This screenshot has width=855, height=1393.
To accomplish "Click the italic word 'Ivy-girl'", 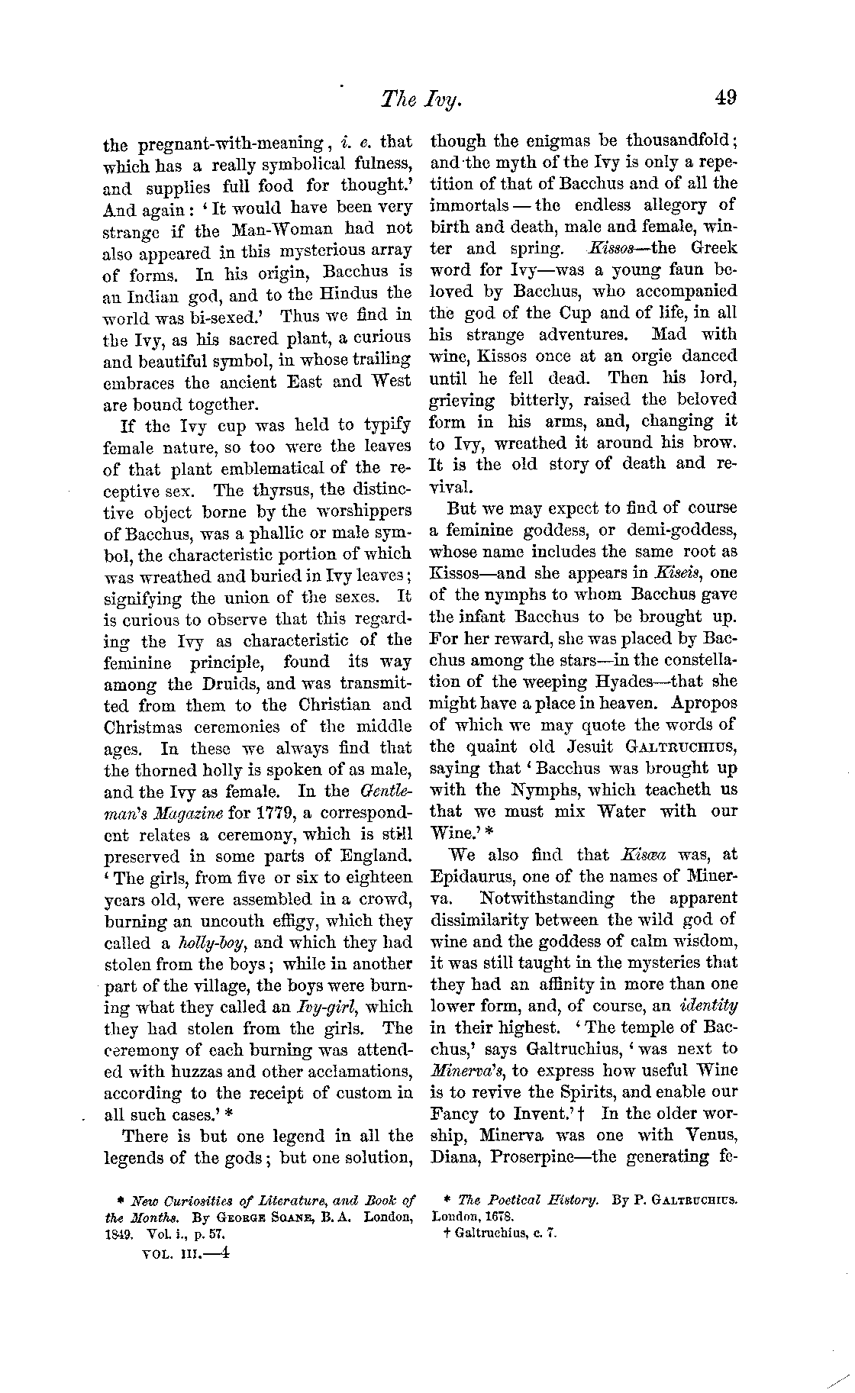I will [334, 1007].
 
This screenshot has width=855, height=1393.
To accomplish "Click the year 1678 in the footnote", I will [496, 1216].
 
